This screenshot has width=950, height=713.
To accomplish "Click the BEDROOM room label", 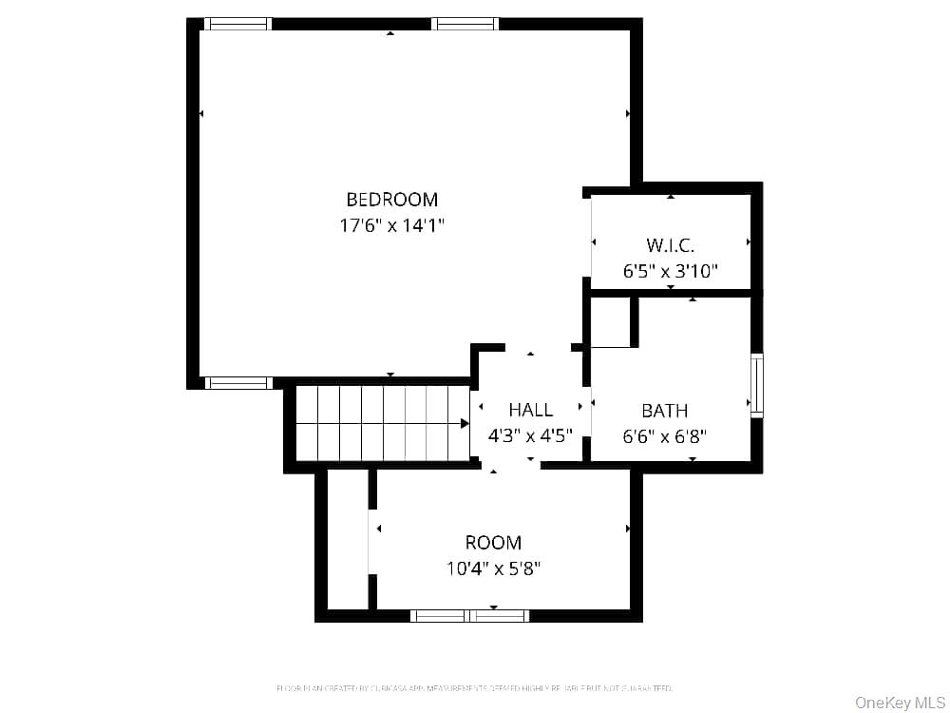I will coord(391,200).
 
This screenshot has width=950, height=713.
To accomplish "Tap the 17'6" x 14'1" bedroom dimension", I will coord(391,225).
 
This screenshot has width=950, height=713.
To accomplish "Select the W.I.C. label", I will coord(670,245).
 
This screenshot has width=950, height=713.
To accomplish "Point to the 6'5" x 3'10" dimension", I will coord(670,271).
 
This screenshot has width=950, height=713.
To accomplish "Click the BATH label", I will coord(664,411).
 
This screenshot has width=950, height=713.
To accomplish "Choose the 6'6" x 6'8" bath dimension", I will coord(664,436).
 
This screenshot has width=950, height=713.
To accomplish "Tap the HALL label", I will coord(530,410).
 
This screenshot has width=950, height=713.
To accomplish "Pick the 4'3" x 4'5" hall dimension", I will coord(530,436).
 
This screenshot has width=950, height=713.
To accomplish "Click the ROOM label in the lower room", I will coord(493,543).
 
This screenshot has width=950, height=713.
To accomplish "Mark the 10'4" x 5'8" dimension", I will coord(493,568).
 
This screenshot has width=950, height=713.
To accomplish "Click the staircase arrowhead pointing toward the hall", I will coord(465,423).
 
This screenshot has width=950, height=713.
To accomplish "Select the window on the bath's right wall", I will coord(757,385).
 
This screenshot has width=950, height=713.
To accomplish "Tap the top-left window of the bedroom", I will coord(237,24).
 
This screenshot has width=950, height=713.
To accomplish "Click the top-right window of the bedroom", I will coord(465,24).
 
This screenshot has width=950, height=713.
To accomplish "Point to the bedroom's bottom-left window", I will coord(237,383).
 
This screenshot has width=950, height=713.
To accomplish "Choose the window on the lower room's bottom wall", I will coord(469,616).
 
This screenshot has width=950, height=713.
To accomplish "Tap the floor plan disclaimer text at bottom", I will coord(474,687).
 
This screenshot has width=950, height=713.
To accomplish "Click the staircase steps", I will coord(380,423).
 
